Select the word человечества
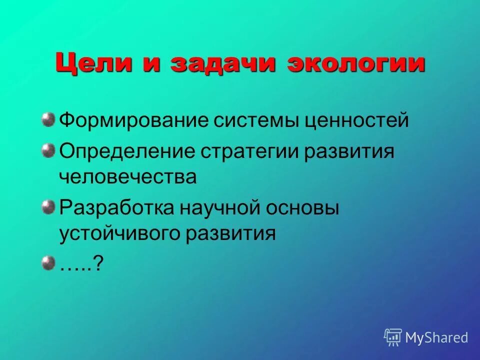[128, 177]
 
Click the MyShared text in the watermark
[436, 337]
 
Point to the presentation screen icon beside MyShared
[393, 337]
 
